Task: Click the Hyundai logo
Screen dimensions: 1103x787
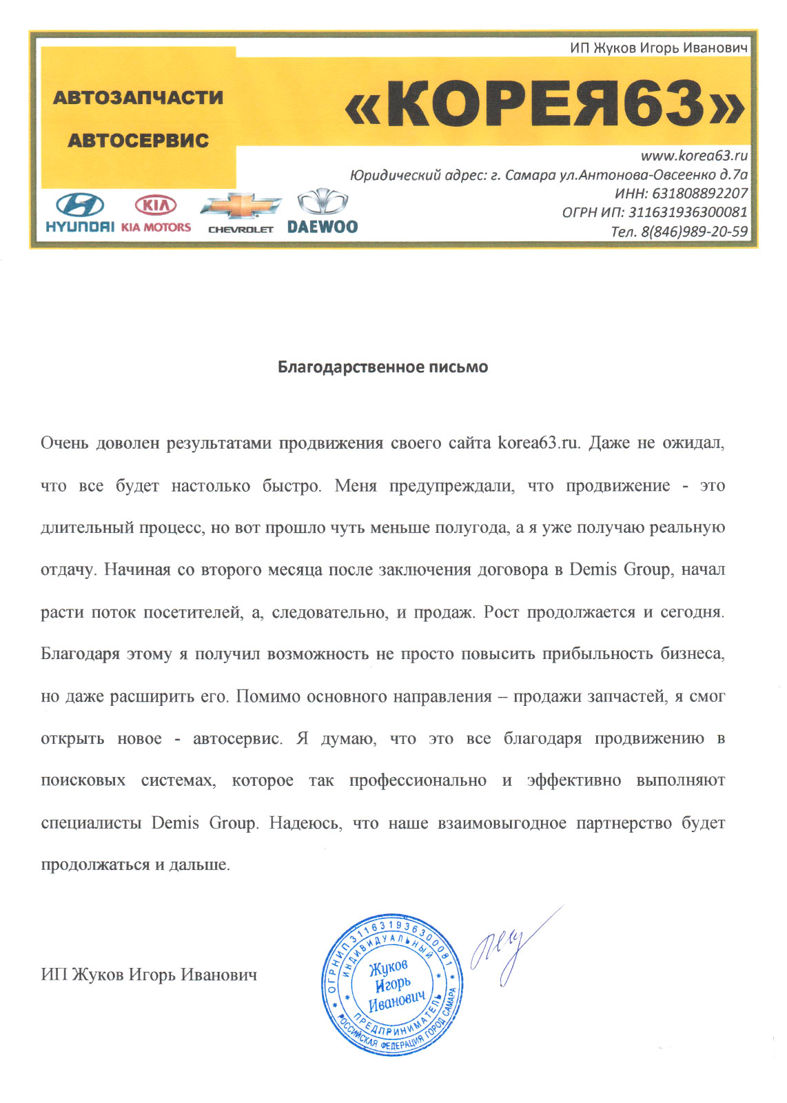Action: point(79,213)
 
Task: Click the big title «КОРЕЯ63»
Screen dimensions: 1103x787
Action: point(544,104)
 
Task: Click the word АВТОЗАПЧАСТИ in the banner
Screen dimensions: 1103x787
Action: point(138,97)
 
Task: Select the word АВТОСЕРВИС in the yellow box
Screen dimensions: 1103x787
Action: point(138,140)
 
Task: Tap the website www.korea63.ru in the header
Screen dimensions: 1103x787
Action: point(693,156)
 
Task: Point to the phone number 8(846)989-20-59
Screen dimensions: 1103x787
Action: point(693,232)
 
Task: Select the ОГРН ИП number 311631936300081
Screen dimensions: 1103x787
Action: point(687,212)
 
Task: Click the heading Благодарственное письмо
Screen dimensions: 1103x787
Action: point(382,367)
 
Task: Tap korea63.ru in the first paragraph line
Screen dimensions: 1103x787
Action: point(539,443)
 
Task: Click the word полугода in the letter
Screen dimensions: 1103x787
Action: point(471,527)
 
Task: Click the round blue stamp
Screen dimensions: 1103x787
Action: point(391,983)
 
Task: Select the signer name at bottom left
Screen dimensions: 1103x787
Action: point(149,974)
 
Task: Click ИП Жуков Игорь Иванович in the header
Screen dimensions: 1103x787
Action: point(658,48)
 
